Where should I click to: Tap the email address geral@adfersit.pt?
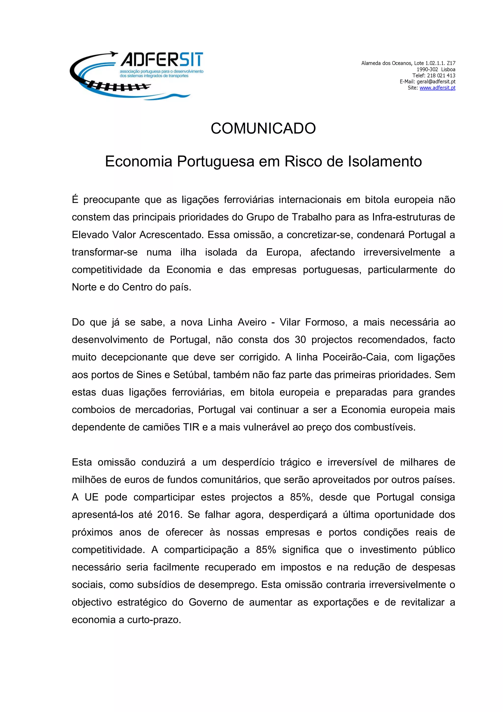point(436,82)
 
